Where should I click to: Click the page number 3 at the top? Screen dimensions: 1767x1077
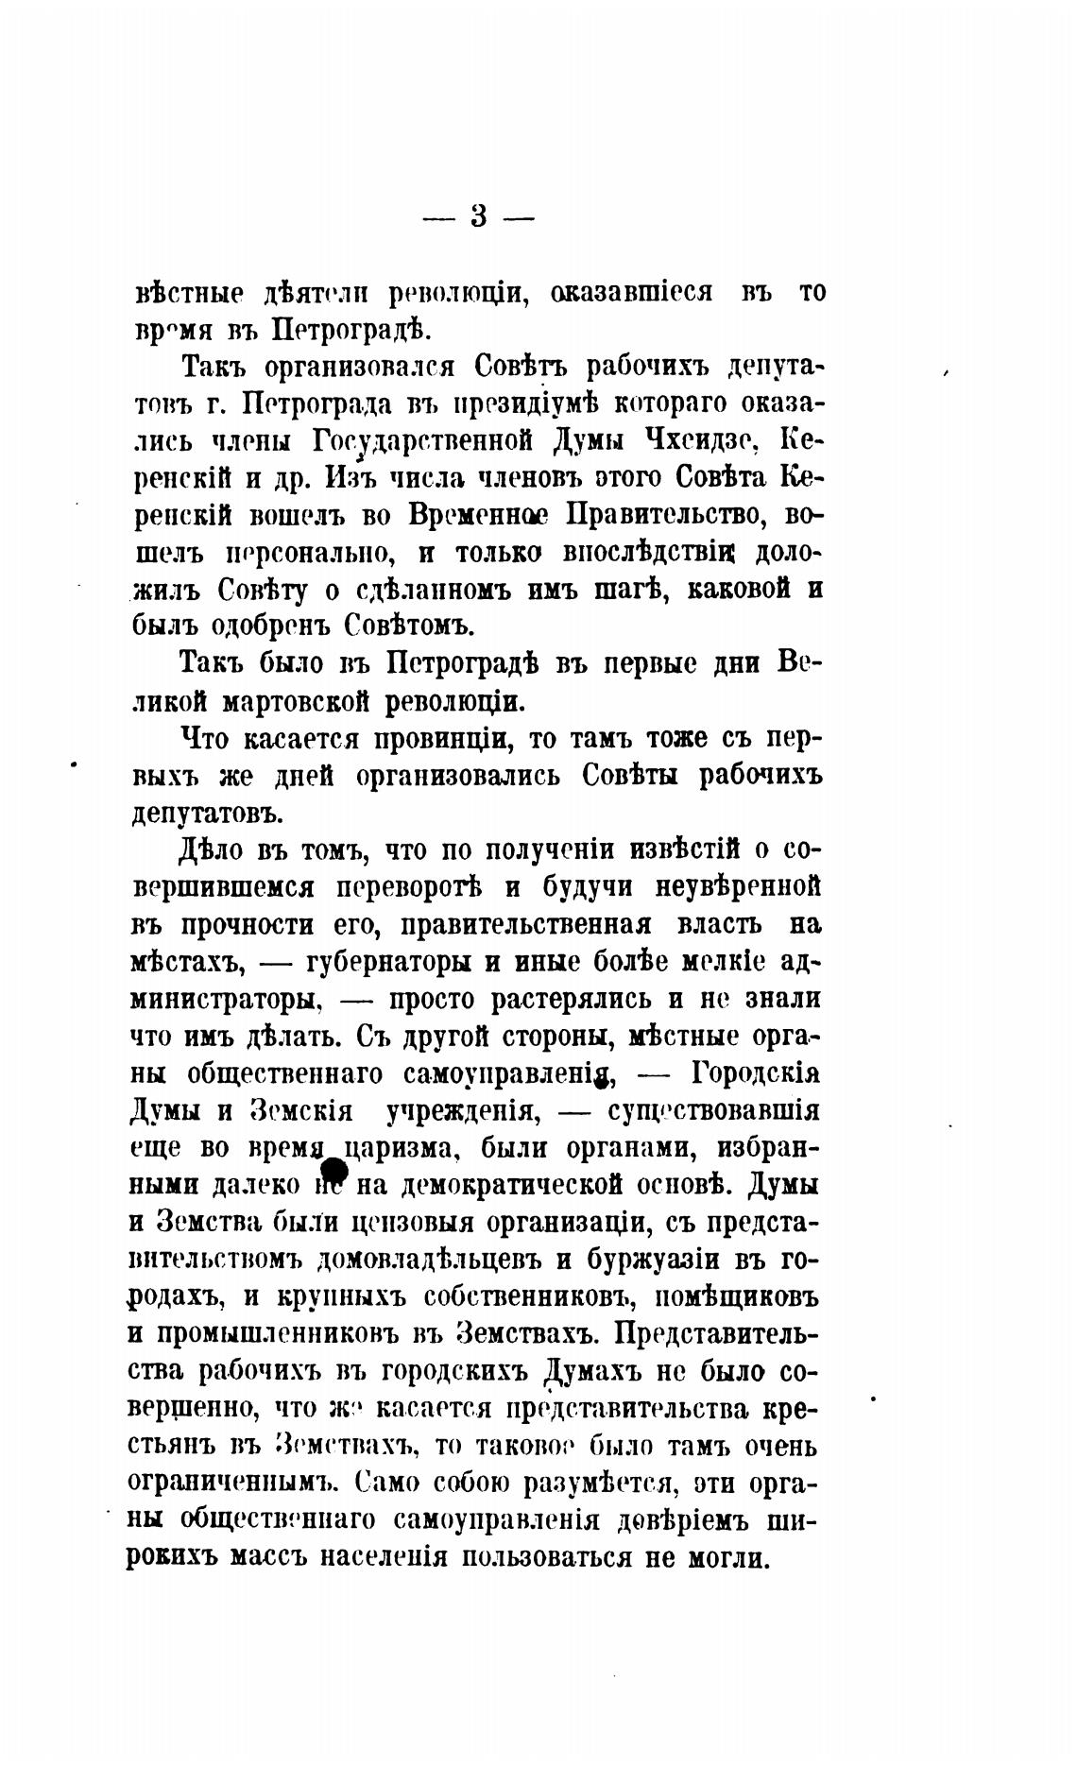pyautogui.click(x=478, y=217)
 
